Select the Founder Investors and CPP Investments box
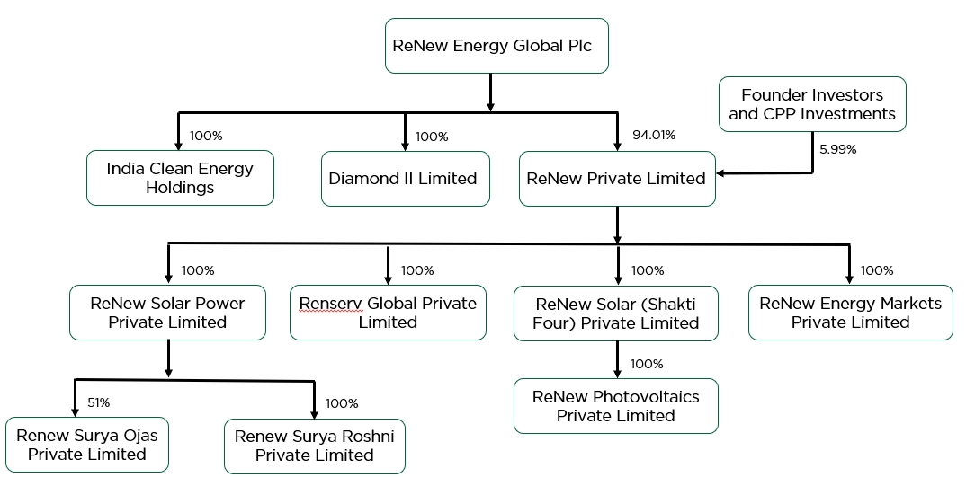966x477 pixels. pyautogui.click(x=812, y=104)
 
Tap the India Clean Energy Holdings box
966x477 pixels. pyautogui.click(x=180, y=178)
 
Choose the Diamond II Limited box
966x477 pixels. pyautogui.click(x=403, y=178)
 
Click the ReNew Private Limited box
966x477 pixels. pyautogui.click(x=616, y=178)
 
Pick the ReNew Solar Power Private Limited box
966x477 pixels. pyautogui.click(x=167, y=313)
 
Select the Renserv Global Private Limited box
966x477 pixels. pyautogui.click(x=388, y=313)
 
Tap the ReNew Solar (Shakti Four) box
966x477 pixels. pyautogui.click(x=616, y=314)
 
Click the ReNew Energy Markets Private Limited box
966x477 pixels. pyautogui.click(x=850, y=313)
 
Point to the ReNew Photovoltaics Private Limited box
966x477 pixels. pyautogui.click(x=616, y=406)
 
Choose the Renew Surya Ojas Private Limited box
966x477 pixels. pyautogui.click(x=86, y=445)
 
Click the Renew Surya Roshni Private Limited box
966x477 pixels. pyautogui.click(x=314, y=446)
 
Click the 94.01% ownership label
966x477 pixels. pyautogui.click(x=654, y=136)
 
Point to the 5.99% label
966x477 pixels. pyautogui.click(x=837, y=150)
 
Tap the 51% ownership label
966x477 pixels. pyautogui.click(x=98, y=403)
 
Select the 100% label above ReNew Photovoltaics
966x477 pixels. pyautogui.click(x=647, y=364)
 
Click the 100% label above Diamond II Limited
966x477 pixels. pyautogui.click(x=432, y=137)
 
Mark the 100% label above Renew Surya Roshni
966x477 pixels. pyautogui.click(x=342, y=403)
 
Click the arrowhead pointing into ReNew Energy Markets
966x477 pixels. pyautogui.click(x=849, y=278)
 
